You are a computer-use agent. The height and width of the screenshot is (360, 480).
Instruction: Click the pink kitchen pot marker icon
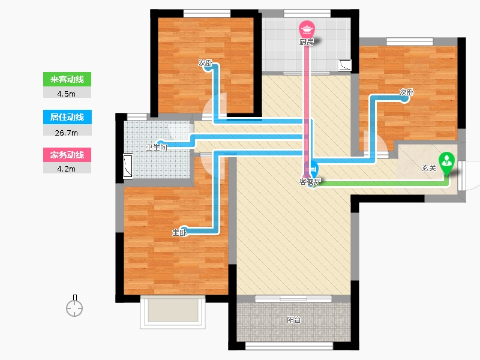[307, 29]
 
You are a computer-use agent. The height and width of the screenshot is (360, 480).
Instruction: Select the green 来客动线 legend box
[67, 79]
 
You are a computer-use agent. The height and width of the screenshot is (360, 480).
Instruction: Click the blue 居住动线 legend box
[67, 117]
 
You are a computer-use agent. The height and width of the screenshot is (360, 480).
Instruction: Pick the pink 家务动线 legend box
[67, 155]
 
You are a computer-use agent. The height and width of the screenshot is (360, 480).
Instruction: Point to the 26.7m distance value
[67, 133]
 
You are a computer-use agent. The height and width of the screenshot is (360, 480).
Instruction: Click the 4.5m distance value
[67, 94]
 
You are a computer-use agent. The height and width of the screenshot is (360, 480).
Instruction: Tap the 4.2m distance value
[67, 169]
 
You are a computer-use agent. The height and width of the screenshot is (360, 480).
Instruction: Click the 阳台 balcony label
[294, 320]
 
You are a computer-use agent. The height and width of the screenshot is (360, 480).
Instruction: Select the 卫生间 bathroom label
[157, 147]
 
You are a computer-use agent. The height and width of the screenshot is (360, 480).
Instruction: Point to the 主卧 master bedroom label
[179, 233]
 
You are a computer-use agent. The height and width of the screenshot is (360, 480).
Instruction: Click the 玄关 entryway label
[429, 168]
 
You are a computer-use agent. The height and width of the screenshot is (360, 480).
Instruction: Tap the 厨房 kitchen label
[307, 42]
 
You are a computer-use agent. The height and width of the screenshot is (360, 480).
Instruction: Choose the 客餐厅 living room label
[310, 182]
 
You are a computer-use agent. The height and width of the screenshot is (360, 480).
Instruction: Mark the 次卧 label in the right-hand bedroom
[407, 92]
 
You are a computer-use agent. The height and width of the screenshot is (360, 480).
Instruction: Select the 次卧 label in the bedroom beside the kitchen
[205, 63]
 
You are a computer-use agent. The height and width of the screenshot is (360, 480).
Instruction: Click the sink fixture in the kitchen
[344, 65]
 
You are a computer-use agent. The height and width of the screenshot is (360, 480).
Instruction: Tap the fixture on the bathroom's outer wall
[128, 166]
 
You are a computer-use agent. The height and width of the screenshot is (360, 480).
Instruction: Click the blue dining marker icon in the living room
[313, 169]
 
